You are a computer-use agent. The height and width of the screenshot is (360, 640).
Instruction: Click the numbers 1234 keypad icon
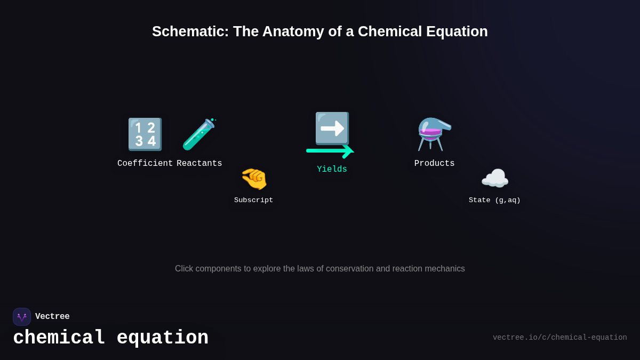point(145,134)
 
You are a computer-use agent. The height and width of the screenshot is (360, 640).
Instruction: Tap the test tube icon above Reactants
point(199,134)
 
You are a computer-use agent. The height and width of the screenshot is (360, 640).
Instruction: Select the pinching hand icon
point(254,179)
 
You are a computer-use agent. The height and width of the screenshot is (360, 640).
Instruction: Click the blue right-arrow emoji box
point(332,128)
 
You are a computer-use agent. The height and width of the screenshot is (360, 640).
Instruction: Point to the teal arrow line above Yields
point(326,151)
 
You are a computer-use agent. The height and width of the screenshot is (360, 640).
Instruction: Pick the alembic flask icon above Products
point(434,134)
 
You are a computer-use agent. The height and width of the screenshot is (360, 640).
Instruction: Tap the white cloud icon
point(495,179)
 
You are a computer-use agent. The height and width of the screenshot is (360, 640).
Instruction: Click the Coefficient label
point(145,164)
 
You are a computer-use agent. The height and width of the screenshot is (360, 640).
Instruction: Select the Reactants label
point(199,164)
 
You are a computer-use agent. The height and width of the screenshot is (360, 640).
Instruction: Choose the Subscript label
point(254,201)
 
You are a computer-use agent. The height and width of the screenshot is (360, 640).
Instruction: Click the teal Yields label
point(332,170)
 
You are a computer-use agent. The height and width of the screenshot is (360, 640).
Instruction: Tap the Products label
point(435,164)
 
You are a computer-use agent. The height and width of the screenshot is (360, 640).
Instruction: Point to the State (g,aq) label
point(495,201)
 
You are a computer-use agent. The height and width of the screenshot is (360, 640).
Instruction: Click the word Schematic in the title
point(190,31)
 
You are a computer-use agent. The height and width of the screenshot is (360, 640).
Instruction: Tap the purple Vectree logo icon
point(22,317)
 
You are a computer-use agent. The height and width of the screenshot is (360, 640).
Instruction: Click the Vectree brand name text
point(52,317)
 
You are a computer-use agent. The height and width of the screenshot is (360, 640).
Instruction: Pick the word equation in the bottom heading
point(162,338)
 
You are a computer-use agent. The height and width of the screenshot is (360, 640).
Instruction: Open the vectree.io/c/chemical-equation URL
point(559,338)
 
